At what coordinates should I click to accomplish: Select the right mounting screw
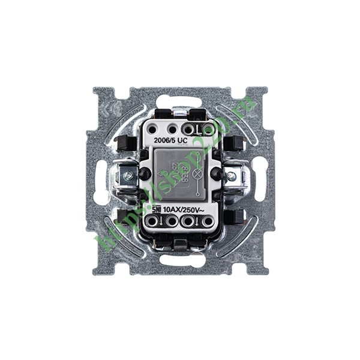[x=231, y=176]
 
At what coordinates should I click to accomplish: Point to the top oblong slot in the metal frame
[x=179, y=100]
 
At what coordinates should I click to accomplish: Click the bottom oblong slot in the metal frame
[x=179, y=260]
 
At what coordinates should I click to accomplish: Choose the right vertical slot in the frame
[x=260, y=180]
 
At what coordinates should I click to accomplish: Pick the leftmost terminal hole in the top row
[x=154, y=128]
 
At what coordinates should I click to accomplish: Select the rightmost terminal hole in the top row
[x=208, y=128]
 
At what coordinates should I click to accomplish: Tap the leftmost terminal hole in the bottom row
[x=152, y=222]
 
